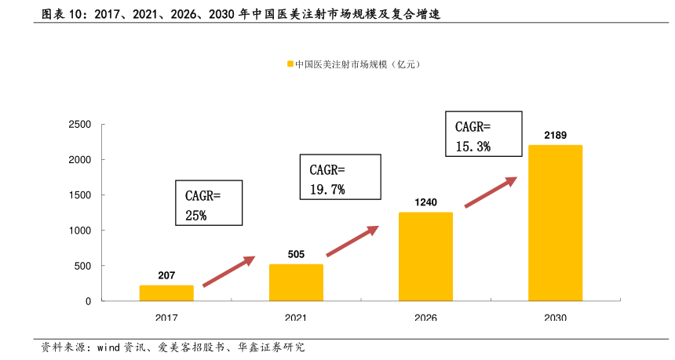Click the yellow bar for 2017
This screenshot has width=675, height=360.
166,293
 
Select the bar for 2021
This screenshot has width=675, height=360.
296,282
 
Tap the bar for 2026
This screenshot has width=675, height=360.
425,256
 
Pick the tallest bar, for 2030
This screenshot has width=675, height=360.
555,223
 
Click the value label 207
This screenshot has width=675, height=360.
166,275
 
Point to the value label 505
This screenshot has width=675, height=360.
296,254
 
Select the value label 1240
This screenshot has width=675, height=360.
425,202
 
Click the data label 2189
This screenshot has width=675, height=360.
555,136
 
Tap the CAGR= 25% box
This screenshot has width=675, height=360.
208,204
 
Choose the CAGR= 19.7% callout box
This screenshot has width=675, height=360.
341,178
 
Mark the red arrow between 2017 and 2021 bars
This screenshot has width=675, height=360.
229,271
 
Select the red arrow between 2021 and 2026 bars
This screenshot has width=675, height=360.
352,241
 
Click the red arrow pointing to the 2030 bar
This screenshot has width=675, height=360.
491,192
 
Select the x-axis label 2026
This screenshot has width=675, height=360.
425,318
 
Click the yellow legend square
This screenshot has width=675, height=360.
290,64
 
